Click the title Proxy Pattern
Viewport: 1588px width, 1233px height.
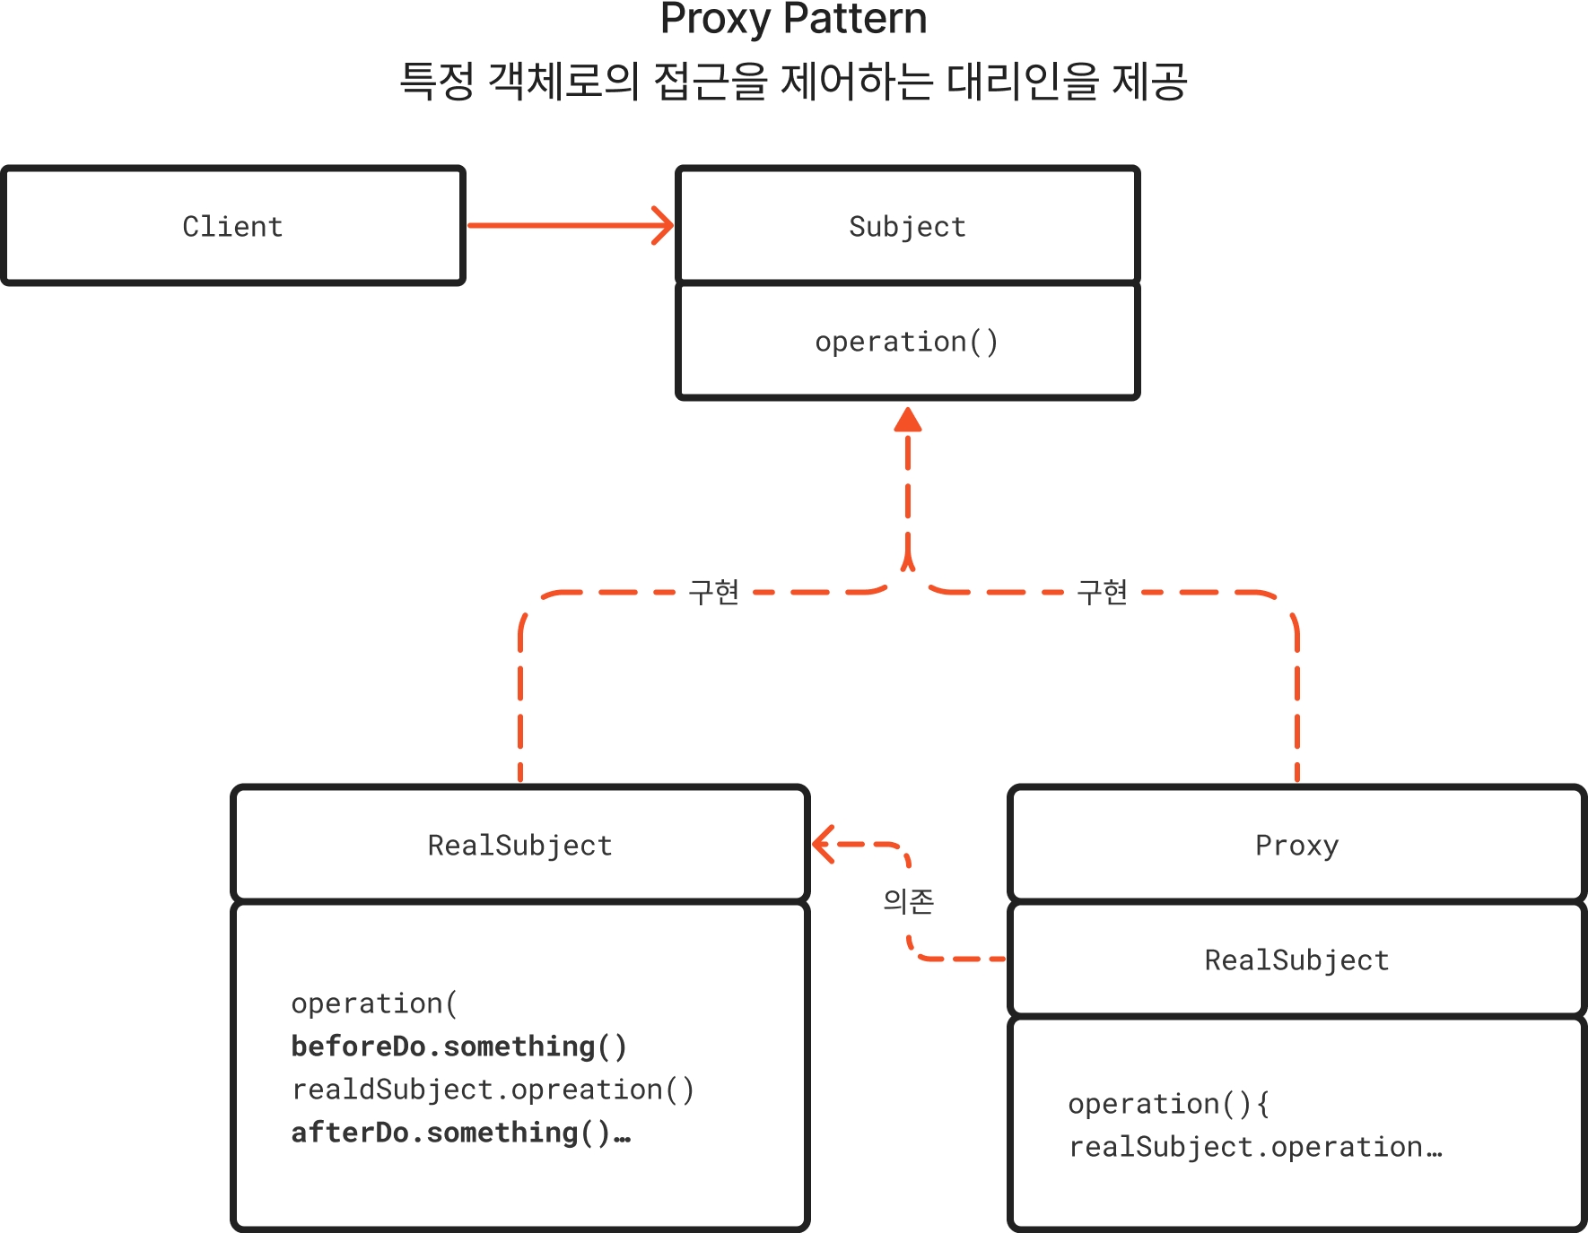[x=793, y=20]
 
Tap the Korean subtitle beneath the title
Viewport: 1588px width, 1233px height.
[x=793, y=82]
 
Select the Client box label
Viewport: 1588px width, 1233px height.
[x=232, y=227]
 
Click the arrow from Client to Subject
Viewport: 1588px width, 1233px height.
[x=570, y=225]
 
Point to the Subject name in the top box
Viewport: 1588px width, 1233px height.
[x=907, y=227]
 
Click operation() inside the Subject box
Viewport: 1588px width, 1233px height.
[x=906, y=342]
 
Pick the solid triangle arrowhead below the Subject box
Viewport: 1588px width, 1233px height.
[x=908, y=421]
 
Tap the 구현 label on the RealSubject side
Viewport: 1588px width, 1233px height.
[x=713, y=593]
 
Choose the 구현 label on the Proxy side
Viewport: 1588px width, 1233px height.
[x=1102, y=593]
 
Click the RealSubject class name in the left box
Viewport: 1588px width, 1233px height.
[x=519, y=846]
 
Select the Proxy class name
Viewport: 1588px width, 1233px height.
[x=1296, y=846]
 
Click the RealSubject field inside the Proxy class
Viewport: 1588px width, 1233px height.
[x=1296, y=960]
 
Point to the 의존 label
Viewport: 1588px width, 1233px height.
[x=908, y=901]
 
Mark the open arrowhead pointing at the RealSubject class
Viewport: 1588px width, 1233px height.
[x=823, y=844]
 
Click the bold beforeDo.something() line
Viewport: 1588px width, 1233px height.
[x=458, y=1046]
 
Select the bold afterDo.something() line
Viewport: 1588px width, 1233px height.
[x=460, y=1133]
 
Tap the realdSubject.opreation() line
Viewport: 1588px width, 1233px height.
[x=493, y=1090]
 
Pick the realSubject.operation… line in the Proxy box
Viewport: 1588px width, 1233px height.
[x=1254, y=1147]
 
